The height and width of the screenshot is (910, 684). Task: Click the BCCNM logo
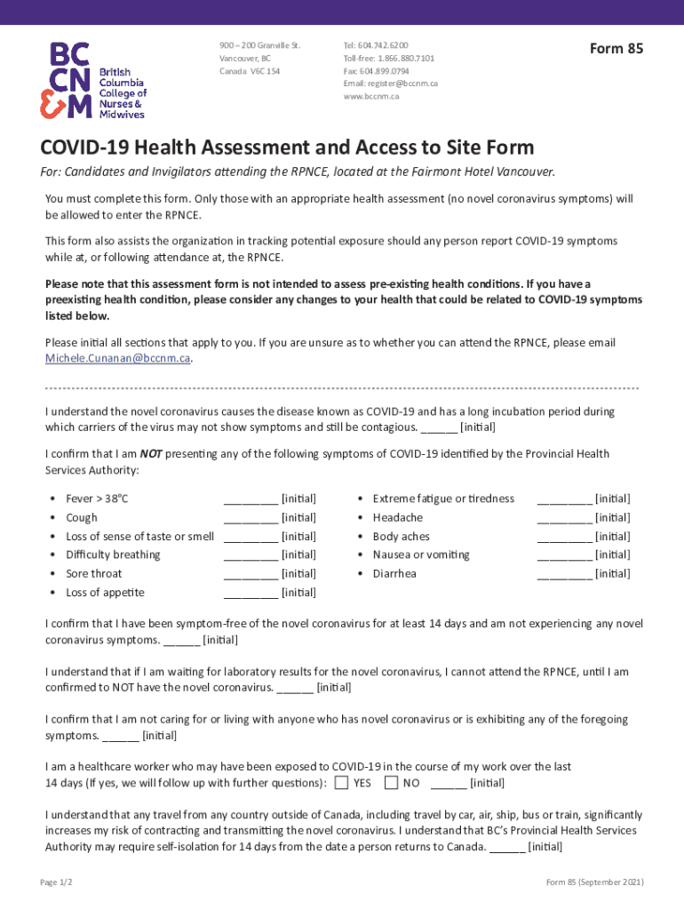coord(92,79)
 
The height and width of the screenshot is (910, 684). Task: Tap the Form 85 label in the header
coord(616,49)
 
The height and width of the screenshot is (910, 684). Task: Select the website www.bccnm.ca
coord(371,96)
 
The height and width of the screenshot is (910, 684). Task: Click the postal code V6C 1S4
coord(265,70)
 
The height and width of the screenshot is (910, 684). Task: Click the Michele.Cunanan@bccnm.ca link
coord(118,358)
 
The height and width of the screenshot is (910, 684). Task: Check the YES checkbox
coord(341,783)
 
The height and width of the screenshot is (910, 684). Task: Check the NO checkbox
coord(391,783)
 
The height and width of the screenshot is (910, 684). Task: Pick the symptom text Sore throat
coord(94,574)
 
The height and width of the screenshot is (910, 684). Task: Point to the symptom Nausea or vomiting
coord(421,555)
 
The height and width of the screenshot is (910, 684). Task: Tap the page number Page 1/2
coord(56,882)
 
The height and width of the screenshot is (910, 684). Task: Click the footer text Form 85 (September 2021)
coord(594,882)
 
